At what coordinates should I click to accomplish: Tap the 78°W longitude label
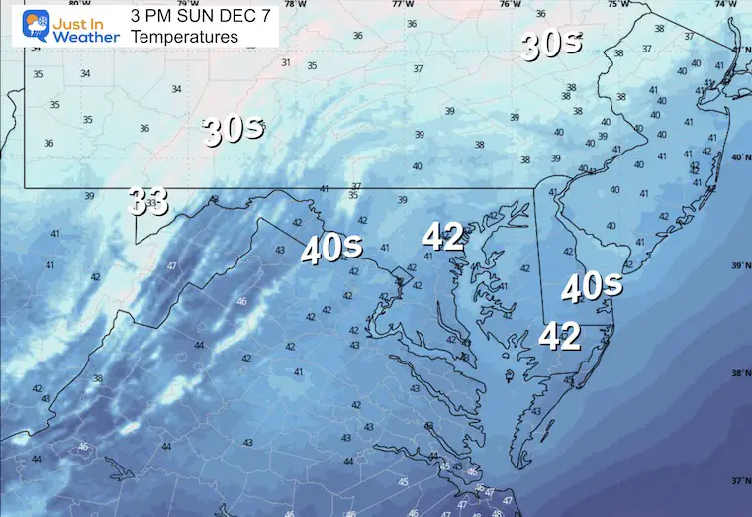(x=294, y=4)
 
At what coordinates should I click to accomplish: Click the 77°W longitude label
(x=402, y=4)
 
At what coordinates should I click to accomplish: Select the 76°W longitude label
(x=510, y=4)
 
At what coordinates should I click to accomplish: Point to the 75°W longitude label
(x=617, y=4)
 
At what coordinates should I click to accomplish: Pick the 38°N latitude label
(x=739, y=373)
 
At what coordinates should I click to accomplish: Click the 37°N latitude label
(x=739, y=480)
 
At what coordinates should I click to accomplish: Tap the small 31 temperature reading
(x=286, y=62)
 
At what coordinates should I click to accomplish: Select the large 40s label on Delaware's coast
(x=592, y=287)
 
